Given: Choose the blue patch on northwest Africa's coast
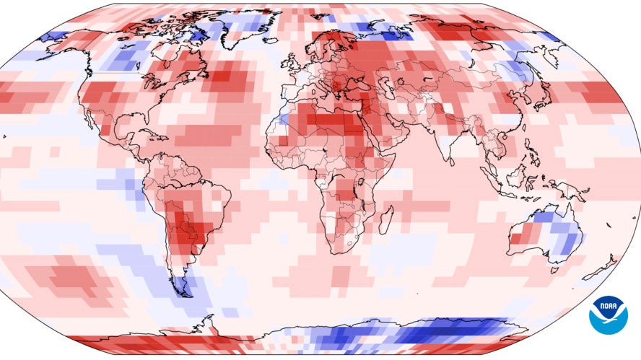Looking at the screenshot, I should [283, 118].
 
